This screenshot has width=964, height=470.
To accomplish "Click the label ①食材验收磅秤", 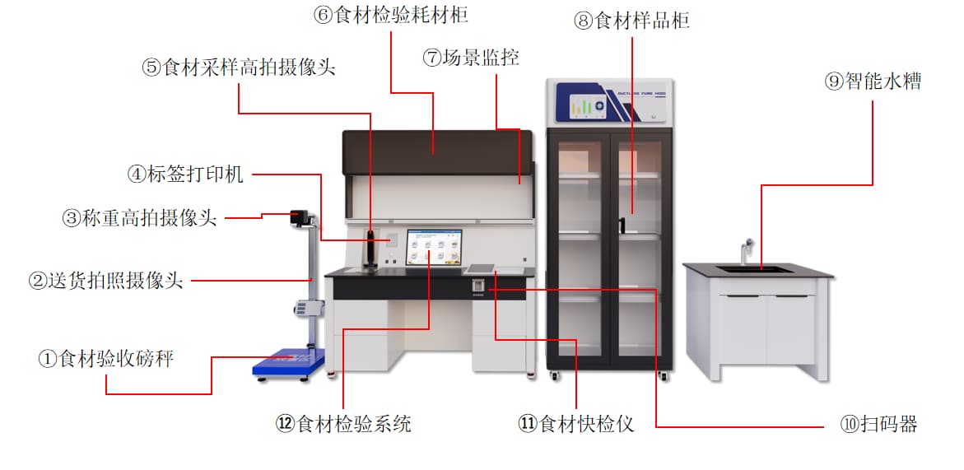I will [x=106, y=359].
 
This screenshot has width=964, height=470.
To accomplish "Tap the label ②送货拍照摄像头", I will [x=105, y=282].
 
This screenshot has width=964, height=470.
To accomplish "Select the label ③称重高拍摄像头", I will [x=139, y=218].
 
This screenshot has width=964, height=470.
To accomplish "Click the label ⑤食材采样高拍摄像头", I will [x=239, y=67].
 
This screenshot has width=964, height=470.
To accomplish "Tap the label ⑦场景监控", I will [x=471, y=58].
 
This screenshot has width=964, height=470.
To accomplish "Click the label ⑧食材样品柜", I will [x=631, y=21].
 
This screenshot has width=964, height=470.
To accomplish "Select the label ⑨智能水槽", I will [x=873, y=81].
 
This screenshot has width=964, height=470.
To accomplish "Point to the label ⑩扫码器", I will [x=878, y=425].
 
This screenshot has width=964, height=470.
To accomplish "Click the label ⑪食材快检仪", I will [x=576, y=424].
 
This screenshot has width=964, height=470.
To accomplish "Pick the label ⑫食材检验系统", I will [x=343, y=424].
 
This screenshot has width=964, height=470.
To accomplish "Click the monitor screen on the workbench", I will [x=434, y=248].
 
